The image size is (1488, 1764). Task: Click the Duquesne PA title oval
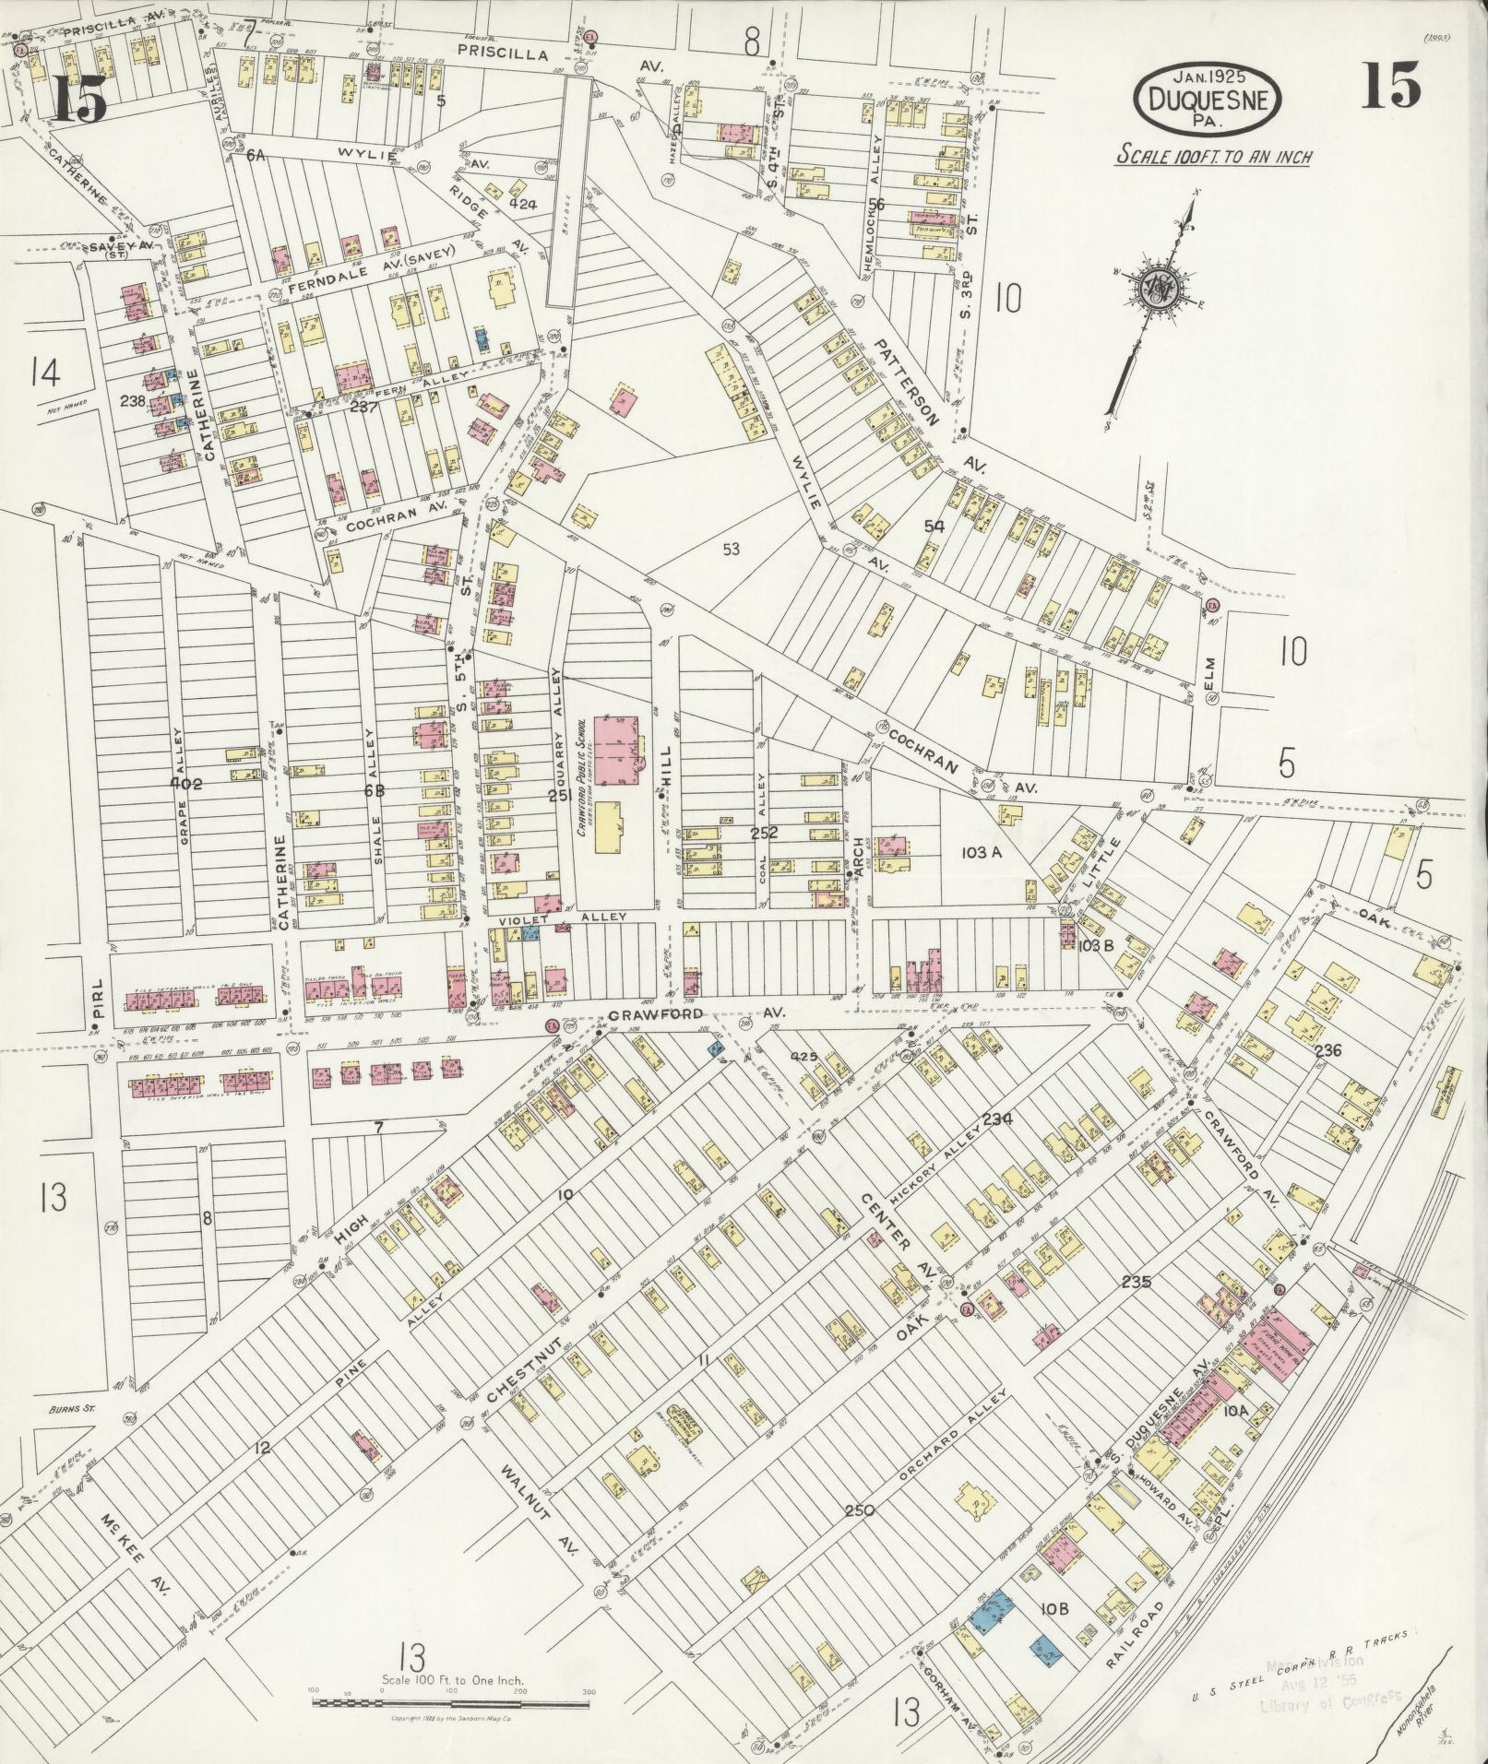pyautogui.click(x=1208, y=99)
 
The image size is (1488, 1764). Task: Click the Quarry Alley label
pyautogui.click(x=555, y=720)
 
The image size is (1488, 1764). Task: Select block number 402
pyautogui.click(x=185, y=784)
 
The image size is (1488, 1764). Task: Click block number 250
pyautogui.click(x=858, y=1510)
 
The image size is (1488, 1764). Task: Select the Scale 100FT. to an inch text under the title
pyautogui.click(x=1214, y=156)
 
